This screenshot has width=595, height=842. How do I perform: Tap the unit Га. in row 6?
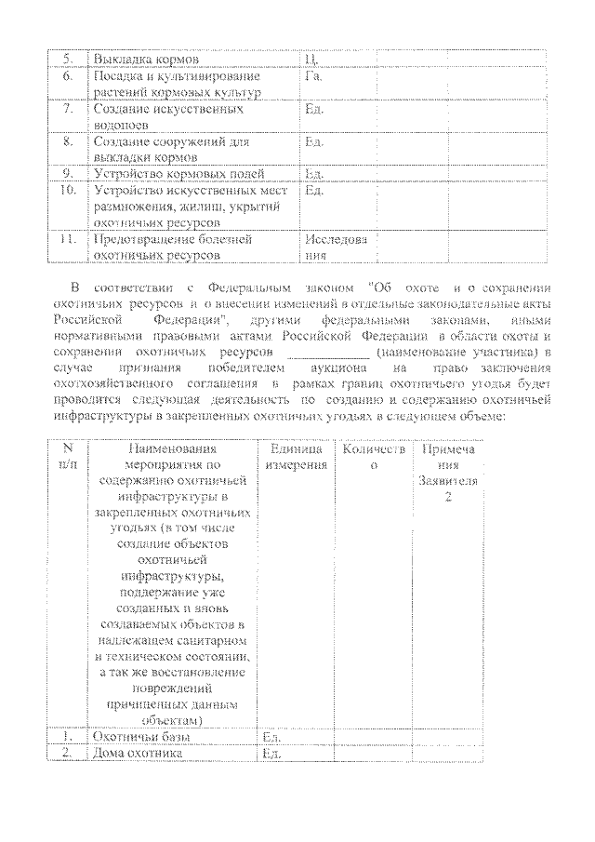[x=313, y=76]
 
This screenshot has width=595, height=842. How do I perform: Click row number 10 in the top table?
[x=66, y=191]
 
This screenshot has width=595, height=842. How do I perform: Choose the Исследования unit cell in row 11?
[x=335, y=247]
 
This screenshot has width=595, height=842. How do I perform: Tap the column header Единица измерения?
[x=296, y=457]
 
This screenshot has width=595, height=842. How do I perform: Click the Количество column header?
[x=374, y=457]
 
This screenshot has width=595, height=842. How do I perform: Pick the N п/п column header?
[x=68, y=457]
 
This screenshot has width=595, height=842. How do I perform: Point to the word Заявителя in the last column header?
[x=449, y=483]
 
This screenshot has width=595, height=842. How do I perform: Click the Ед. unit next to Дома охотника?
[x=271, y=754]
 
